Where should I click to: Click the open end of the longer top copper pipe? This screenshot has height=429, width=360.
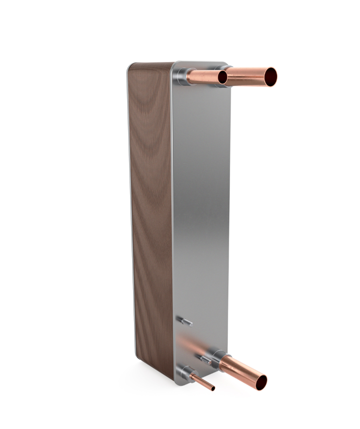click(271, 77)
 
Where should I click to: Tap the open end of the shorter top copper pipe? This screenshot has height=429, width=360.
click(222, 77)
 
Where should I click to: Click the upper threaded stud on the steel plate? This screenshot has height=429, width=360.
click(186, 322)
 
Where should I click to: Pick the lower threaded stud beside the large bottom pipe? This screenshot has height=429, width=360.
click(204, 358)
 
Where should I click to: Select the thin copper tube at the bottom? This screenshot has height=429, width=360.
click(201, 381)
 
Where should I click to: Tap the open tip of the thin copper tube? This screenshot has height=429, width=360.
click(213, 388)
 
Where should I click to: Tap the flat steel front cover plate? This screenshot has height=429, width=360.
click(201, 209)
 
